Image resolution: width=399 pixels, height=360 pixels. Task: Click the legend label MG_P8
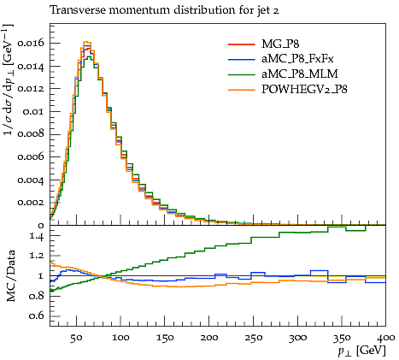[280, 44]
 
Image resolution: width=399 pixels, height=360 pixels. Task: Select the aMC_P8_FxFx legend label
[297, 59]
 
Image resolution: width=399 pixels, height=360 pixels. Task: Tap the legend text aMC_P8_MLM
[300, 74]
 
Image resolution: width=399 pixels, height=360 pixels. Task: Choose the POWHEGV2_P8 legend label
[304, 90]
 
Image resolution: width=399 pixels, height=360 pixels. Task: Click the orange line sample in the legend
[241, 90]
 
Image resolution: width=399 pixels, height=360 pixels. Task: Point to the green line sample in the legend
[241, 74]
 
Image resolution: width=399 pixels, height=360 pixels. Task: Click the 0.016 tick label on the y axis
[31, 43]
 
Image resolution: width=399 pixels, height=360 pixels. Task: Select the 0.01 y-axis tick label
[33, 111]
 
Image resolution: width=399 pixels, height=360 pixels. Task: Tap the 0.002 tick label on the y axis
[31, 203]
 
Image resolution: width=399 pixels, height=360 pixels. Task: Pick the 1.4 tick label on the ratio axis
[37, 236]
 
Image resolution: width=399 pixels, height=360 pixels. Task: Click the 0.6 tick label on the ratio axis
[37, 316]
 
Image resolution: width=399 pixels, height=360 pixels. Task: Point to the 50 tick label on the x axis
[76, 338]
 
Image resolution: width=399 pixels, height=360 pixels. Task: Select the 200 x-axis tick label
[209, 338]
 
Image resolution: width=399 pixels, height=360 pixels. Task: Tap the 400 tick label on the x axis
[386, 338]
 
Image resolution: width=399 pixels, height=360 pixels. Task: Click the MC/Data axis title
[11, 276]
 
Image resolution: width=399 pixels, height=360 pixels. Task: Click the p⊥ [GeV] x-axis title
[361, 351]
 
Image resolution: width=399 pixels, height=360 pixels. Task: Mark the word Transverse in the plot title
[78, 10]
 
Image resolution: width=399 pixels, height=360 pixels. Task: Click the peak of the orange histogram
[87, 42]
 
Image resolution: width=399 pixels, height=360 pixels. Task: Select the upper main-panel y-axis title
[9, 80]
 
